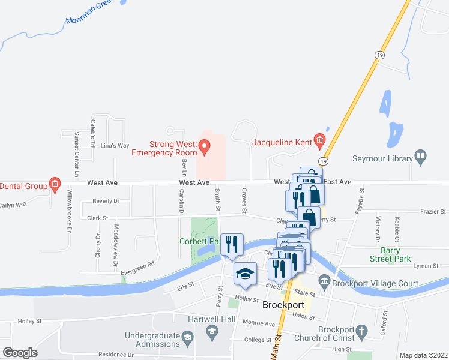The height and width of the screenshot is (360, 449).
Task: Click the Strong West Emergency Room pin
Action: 204,145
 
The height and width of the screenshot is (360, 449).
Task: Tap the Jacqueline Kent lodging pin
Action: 319,142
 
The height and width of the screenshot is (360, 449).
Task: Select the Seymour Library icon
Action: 421,158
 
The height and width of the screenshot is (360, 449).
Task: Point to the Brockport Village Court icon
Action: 325,280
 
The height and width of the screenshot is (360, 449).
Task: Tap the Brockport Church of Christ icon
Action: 361,330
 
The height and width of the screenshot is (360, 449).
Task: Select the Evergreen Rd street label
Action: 138,268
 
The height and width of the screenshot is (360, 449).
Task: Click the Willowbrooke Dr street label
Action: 70,211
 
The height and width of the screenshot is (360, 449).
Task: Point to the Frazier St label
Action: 433,212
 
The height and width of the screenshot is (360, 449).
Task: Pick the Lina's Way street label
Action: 115,146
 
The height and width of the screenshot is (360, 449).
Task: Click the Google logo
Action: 20,353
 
